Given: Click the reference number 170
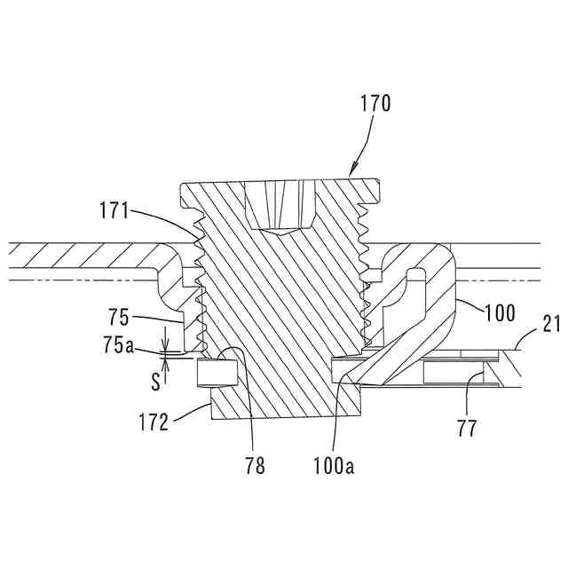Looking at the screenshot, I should click(375, 104).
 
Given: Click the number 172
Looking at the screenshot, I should click(154, 422).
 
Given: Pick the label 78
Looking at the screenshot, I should click(255, 464).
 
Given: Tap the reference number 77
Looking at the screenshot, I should click(468, 429).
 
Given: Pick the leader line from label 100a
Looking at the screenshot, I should click(335, 417).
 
